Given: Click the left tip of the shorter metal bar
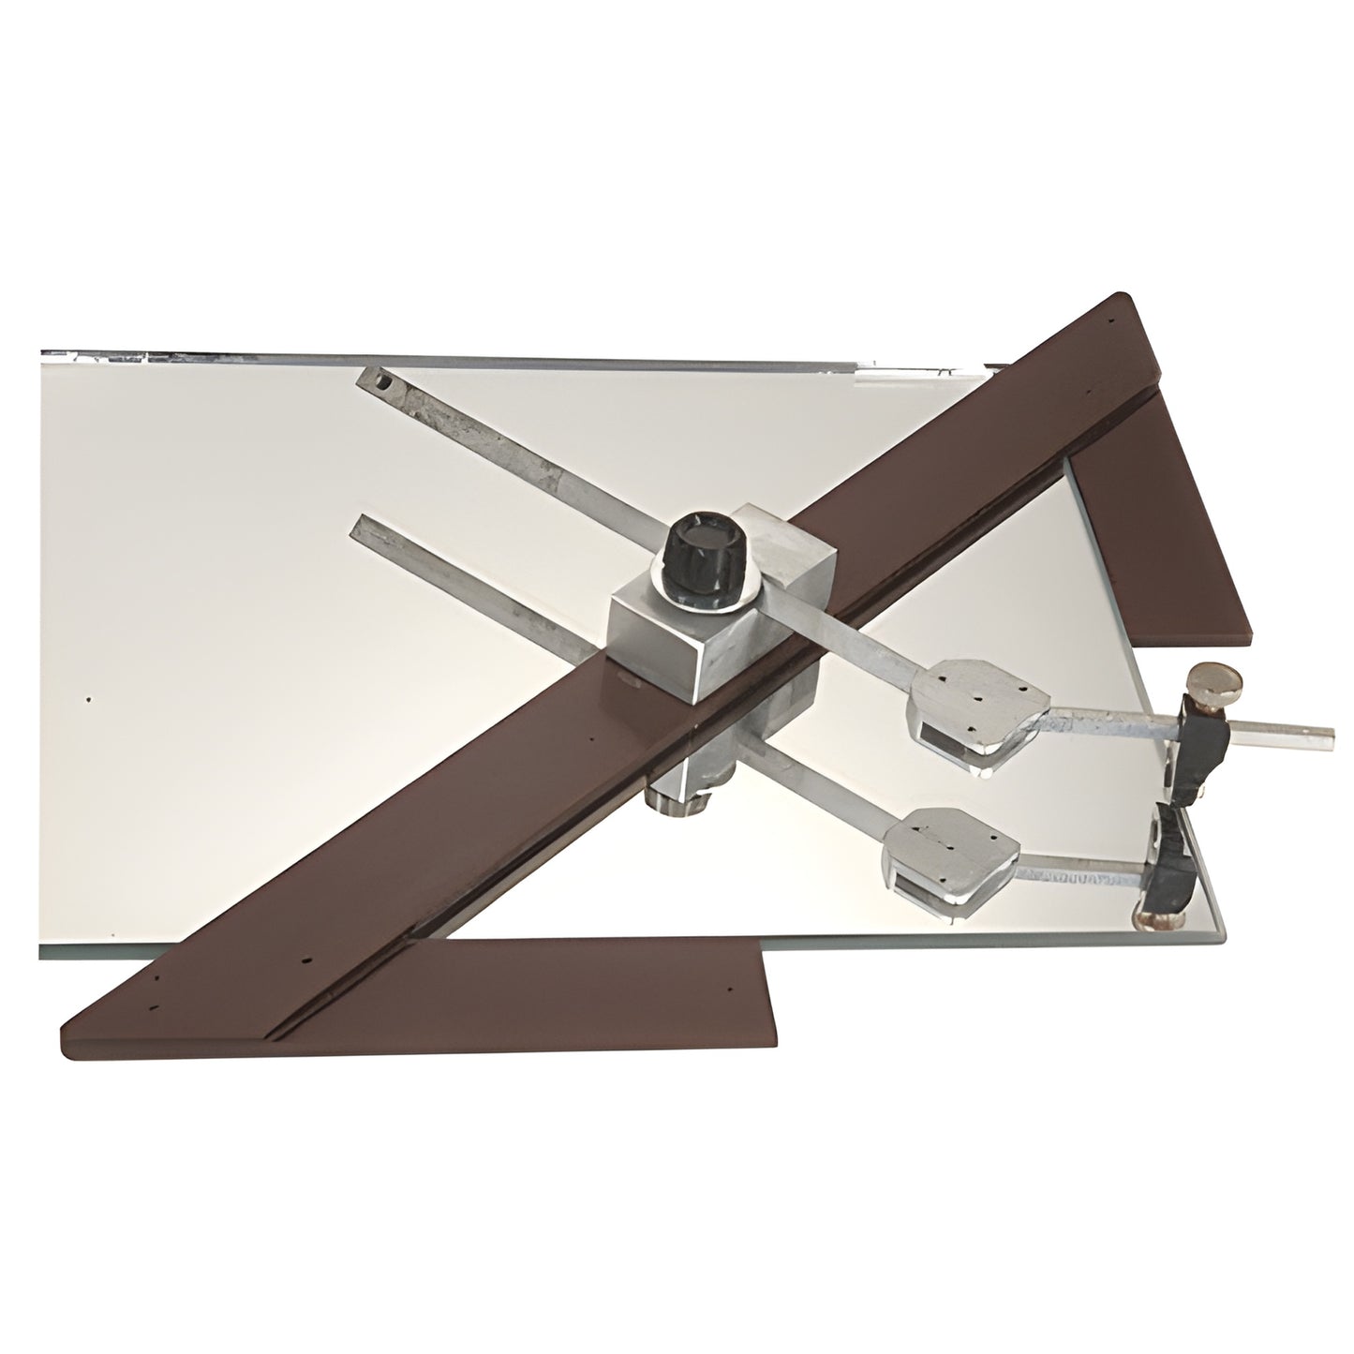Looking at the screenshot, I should [357, 529].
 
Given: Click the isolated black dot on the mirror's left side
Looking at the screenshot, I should [87, 699].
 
